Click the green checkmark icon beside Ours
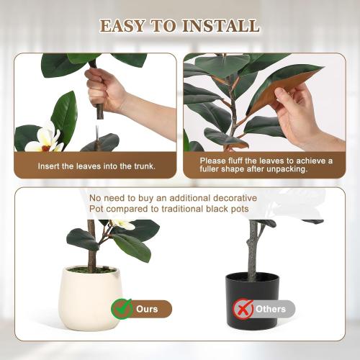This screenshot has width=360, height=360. pos(122,309)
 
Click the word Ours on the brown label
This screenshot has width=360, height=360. pos(147,309)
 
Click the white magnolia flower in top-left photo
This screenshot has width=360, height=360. pos(44,139)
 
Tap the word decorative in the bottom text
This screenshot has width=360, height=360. pos(233,198)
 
